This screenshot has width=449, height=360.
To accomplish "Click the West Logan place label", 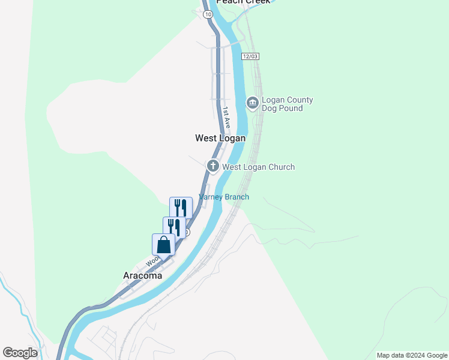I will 220,138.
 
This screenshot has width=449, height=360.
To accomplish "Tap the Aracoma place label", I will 142,275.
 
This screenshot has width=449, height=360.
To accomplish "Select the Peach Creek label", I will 244,2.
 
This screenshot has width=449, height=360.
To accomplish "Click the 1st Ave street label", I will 226,117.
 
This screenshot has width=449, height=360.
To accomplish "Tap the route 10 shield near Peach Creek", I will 207,13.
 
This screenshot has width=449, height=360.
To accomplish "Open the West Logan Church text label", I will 258,167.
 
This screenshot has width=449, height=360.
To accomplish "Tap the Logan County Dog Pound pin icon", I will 253,103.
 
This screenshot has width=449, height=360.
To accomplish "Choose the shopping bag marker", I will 163,245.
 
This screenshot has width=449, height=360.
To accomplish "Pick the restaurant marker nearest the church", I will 181,208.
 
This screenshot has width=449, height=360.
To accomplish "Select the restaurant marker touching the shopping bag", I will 174,227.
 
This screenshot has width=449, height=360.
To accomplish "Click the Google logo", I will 20,353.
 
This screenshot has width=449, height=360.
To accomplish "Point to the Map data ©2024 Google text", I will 412,355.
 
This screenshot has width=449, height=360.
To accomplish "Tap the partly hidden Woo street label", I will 152,261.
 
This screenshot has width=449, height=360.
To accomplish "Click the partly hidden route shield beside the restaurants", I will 188,232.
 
